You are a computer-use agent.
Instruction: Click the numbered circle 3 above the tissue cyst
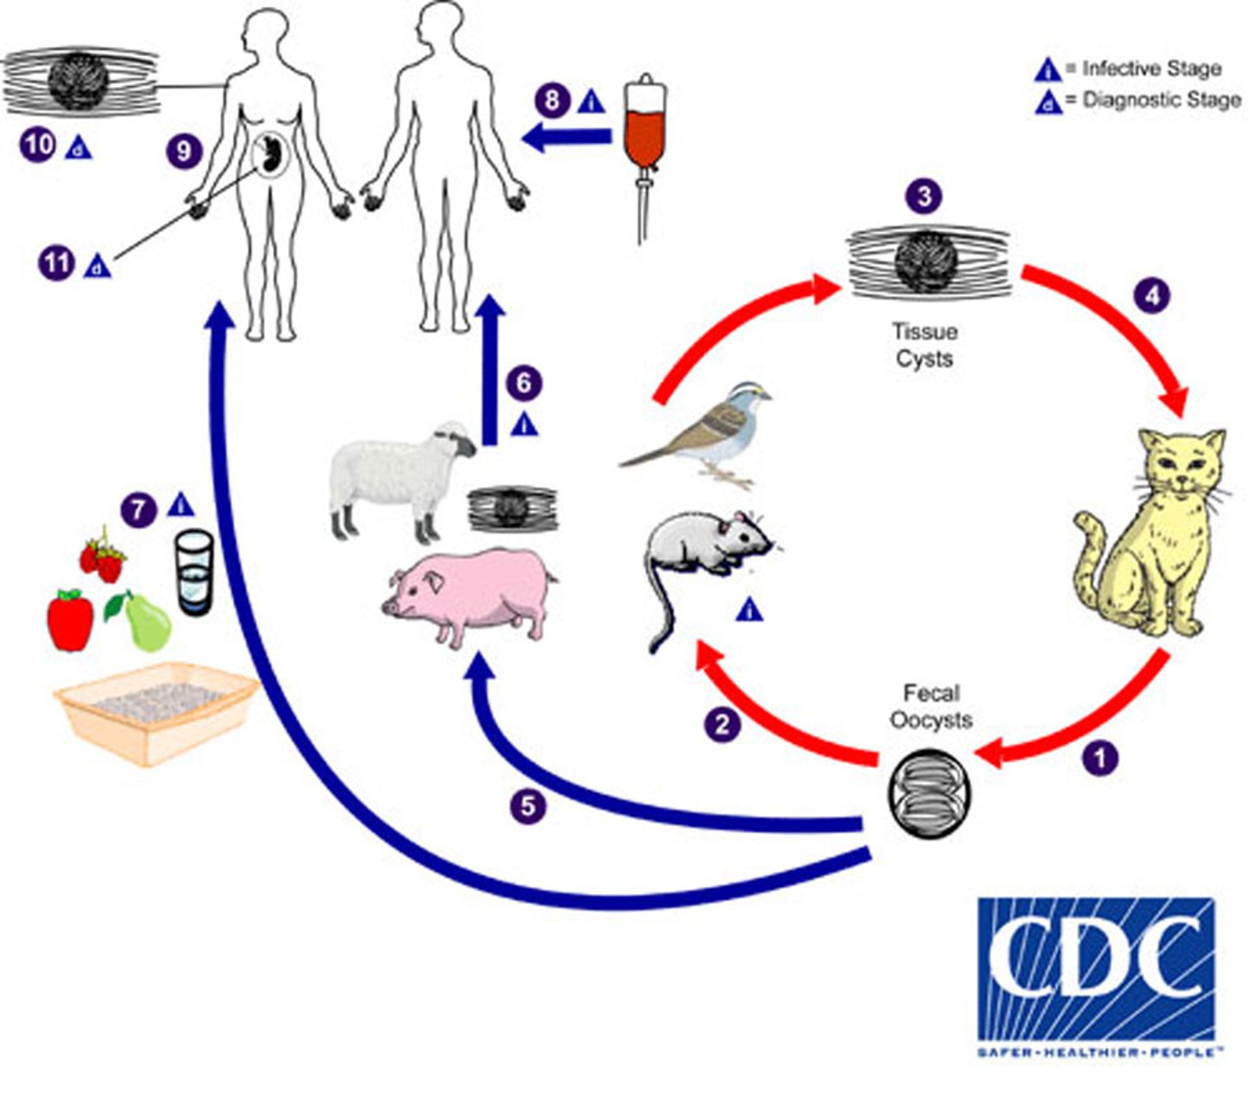click(x=924, y=196)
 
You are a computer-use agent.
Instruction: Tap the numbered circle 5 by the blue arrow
click(x=528, y=806)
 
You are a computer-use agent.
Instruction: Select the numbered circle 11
click(x=57, y=264)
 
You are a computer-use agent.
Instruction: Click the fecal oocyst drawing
click(x=928, y=793)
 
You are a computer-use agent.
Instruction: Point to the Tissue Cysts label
click(x=924, y=345)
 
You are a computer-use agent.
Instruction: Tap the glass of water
click(x=194, y=573)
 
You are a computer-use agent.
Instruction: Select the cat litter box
click(x=156, y=713)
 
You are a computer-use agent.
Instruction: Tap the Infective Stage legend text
click(x=1151, y=68)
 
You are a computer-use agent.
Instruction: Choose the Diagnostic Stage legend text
click(x=1161, y=100)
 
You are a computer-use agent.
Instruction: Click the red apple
click(x=70, y=620)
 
